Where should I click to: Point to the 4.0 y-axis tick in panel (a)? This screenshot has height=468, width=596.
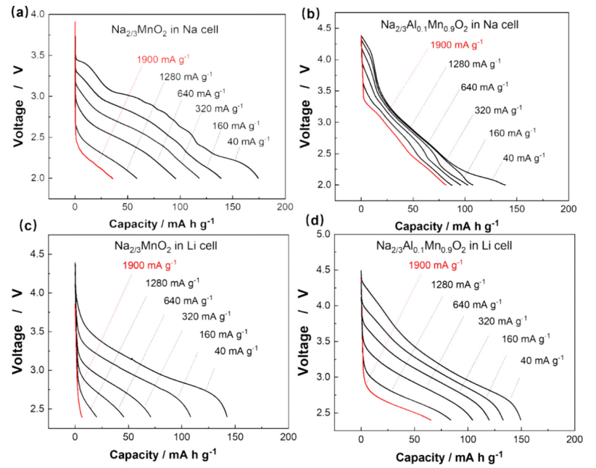pyautogui.click(x=36, y=14)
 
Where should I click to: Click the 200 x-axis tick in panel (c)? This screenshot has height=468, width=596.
pyautogui.click(x=288, y=438)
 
